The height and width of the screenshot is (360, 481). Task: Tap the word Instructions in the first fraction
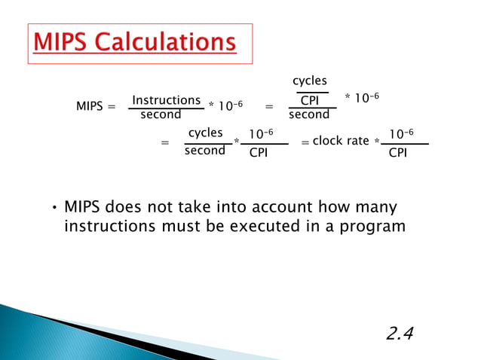(x=166, y=100)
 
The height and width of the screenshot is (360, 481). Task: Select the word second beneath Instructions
(x=161, y=115)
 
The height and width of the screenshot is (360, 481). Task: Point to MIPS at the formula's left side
(x=90, y=107)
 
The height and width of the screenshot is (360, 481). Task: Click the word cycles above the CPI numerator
(x=309, y=81)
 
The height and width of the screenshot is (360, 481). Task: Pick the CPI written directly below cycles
(x=310, y=100)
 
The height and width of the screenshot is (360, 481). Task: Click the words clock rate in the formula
(x=341, y=141)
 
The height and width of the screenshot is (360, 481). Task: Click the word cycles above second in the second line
(x=205, y=133)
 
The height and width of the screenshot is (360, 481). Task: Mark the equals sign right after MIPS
(x=112, y=107)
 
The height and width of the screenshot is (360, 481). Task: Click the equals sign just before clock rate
(x=305, y=142)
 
